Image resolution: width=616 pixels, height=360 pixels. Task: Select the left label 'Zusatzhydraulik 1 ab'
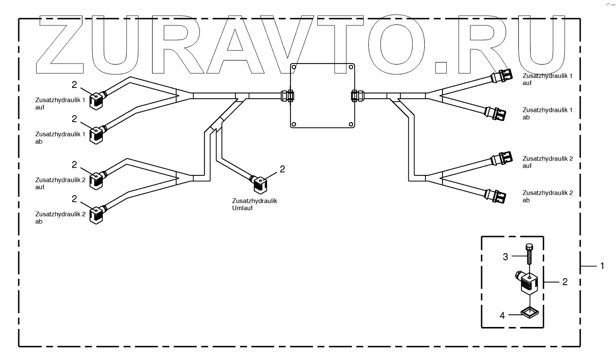(x=53, y=137)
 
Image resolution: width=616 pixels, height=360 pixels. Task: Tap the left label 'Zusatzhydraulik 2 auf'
(x=53, y=183)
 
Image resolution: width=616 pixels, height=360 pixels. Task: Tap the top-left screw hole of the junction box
(x=294, y=68)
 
